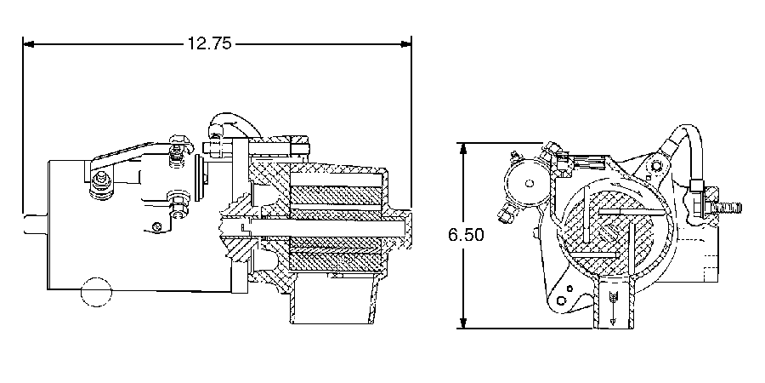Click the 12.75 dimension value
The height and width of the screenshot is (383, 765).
tap(208, 43)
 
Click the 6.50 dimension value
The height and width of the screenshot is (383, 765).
tap(466, 235)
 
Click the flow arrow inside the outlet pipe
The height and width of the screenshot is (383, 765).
tap(612, 306)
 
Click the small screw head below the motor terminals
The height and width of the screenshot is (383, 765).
tap(157, 226)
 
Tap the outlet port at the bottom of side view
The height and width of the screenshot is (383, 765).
tap(331, 303)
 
